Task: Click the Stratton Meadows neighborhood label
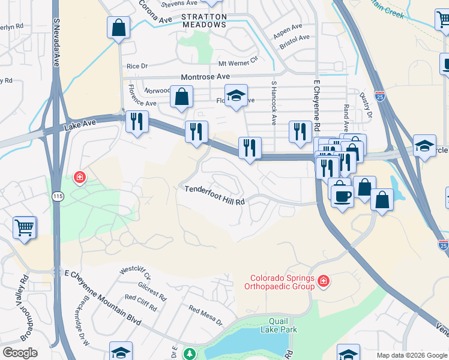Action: click(x=205, y=20)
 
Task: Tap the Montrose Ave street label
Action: click(x=206, y=77)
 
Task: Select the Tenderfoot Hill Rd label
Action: click(x=214, y=202)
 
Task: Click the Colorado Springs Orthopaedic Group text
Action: click(x=282, y=282)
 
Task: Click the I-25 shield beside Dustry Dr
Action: click(x=379, y=95)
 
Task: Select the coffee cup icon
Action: click(x=342, y=196)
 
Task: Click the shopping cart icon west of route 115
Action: click(x=25, y=227)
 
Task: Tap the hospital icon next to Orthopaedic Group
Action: click(x=324, y=281)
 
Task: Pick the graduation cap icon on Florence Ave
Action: click(x=236, y=94)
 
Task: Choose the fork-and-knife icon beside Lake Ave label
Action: click(x=137, y=121)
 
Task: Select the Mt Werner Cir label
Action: click(x=238, y=62)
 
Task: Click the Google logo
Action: click(x=20, y=353)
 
